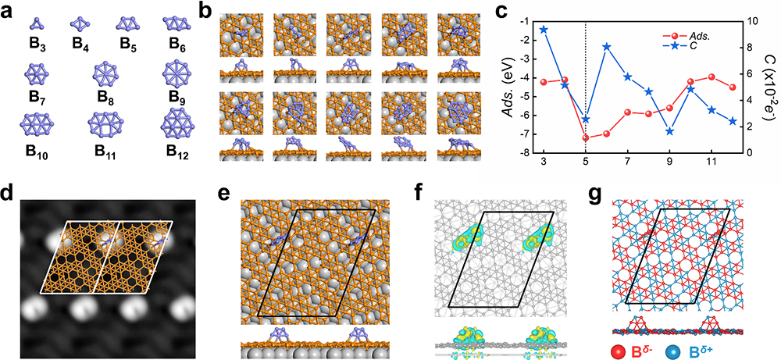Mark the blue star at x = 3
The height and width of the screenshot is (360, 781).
coord(544,30)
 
